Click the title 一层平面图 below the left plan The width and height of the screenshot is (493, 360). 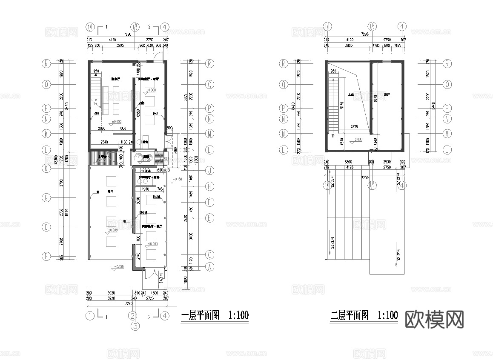pyautogui.click(x=201, y=316)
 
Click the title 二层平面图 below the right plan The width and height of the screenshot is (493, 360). pyautogui.click(x=350, y=316)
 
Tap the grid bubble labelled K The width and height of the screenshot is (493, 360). pyautogui.click(x=46, y=168)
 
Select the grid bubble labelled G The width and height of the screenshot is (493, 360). pyautogui.click(x=46, y=197)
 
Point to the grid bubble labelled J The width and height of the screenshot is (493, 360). pyautogui.click(x=209, y=171)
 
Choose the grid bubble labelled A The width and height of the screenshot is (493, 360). pyautogui.click(x=209, y=267)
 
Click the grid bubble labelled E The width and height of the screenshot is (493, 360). pyautogui.click(x=209, y=218)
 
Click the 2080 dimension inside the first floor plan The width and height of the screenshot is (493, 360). pyautogui.click(x=101, y=128)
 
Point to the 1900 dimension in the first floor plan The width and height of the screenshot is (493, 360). pyautogui.click(x=145, y=189)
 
